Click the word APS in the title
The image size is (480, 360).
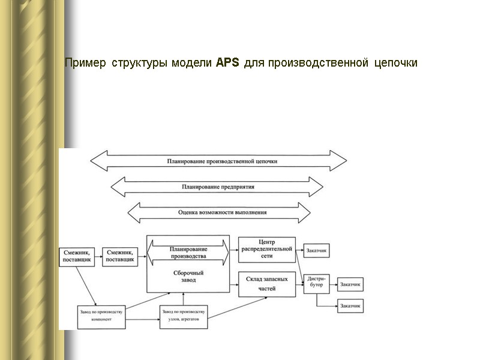click(227, 62)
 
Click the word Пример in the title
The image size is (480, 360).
click(85, 63)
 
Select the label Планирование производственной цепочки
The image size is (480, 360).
click(222, 161)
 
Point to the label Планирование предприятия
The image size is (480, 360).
click(218, 187)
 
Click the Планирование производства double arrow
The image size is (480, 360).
click(188, 252)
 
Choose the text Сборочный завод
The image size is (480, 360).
click(188, 277)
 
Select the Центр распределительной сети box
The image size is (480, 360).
click(267, 250)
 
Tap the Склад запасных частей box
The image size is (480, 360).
click(267, 284)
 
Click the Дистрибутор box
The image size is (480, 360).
click(317, 282)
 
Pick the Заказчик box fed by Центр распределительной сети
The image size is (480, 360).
click(317, 251)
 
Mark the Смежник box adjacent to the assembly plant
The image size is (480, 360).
click(119, 257)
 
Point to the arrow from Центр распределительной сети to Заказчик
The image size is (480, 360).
click(299, 250)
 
